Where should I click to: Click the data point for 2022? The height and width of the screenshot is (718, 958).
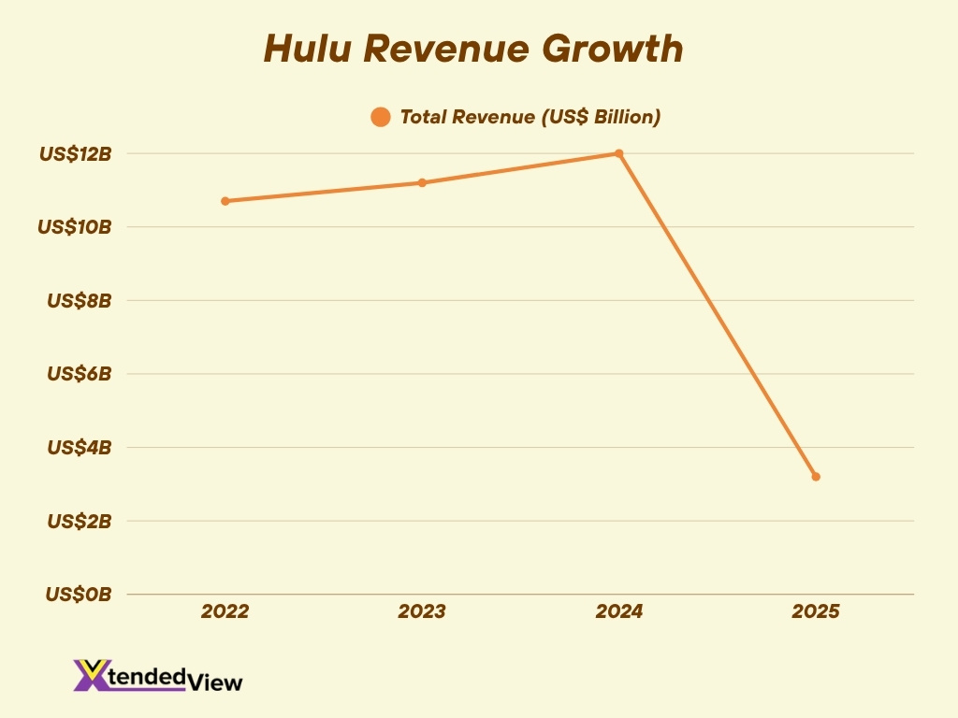pos(225,201)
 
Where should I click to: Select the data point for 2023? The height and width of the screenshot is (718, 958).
pos(422,182)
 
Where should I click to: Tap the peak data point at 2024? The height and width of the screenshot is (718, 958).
pos(618,153)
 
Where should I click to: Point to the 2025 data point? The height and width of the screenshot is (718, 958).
pos(816,477)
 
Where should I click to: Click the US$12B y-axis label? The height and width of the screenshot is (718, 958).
pos(75,154)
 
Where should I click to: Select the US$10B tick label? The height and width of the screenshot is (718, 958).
pos(75,227)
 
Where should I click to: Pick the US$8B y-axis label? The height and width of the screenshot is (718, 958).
pos(79,301)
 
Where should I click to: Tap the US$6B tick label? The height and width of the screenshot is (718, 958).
pos(79,374)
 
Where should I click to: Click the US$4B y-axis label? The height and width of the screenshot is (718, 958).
pos(79,447)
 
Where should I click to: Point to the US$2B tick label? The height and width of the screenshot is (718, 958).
pos(79,521)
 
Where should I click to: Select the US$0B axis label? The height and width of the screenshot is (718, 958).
pos(79,594)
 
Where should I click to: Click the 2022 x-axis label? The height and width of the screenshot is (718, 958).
pos(225,611)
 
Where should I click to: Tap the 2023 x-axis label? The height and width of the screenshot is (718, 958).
pos(422,611)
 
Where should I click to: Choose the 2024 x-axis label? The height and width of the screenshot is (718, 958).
pos(619,611)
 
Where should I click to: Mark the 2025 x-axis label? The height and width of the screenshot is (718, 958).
pos(816,611)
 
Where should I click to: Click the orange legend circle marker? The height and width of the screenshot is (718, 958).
pos(380,117)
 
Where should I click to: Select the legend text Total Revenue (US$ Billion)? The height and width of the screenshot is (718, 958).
pos(530,117)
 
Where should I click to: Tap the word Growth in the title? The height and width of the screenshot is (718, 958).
pos(621,49)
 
